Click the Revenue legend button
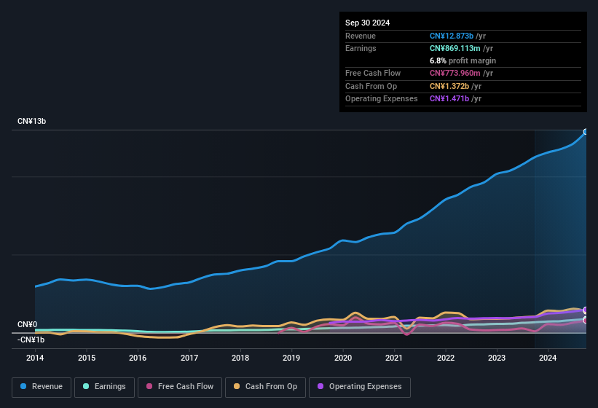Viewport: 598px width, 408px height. click(42, 387)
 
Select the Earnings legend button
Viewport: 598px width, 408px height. click(103, 387)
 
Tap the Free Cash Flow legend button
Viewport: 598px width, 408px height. click(179, 387)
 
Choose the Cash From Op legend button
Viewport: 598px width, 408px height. click(265, 387)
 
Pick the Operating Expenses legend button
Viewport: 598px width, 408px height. click(359, 387)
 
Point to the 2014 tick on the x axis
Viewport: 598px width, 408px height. click(35, 358)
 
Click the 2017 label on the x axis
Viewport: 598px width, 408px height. click(189, 358)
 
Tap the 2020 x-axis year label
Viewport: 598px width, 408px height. click(343, 358)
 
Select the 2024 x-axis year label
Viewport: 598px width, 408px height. click(548, 358)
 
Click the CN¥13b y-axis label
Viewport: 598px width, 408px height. click(32, 121)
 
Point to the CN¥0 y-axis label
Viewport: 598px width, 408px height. click(28, 325)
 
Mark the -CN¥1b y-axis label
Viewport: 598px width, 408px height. click(31, 340)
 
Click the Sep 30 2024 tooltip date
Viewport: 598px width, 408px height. click(367, 23)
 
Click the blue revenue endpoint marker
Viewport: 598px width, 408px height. click(586, 132)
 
